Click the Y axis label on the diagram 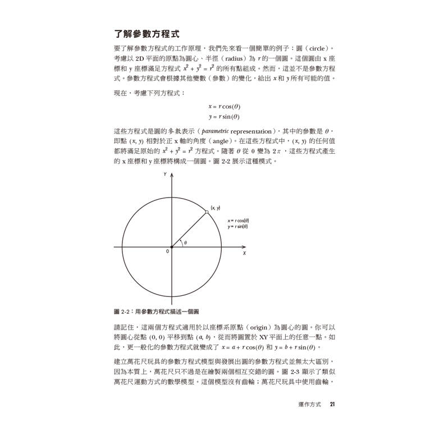(166, 175)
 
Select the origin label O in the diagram (167, 252)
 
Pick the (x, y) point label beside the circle (215, 208)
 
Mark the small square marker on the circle (207, 212)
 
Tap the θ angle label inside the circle (185, 243)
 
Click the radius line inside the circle (190, 229)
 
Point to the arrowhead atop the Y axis (172, 175)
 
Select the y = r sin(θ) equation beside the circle (239, 227)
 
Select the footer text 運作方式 (311, 404)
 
